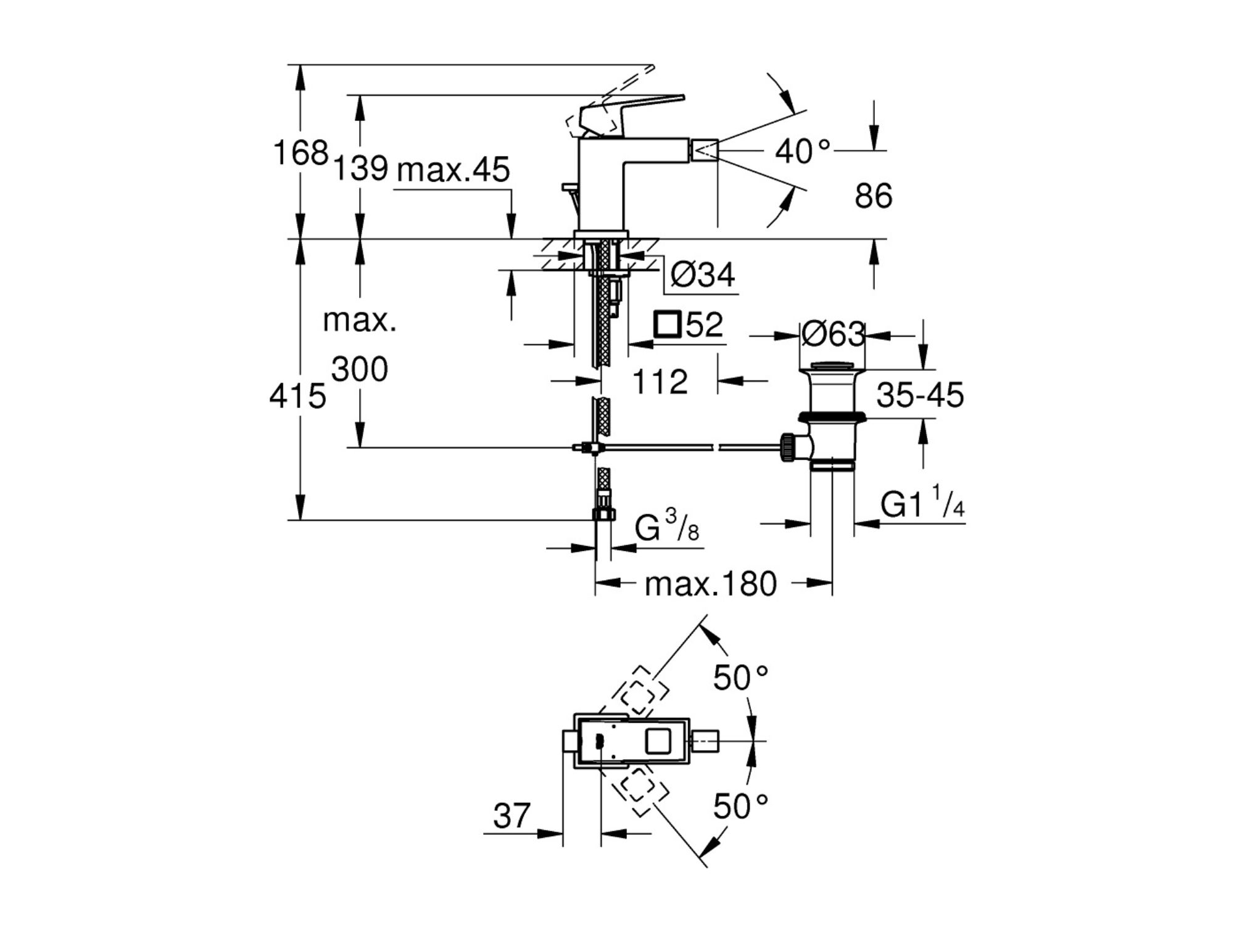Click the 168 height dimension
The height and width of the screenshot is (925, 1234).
(x=300, y=152)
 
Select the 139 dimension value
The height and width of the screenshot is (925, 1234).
(x=360, y=168)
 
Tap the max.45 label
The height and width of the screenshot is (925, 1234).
(x=453, y=170)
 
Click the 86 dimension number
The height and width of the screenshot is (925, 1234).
(x=873, y=196)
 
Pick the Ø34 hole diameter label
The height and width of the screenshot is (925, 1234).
(x=702, y=274)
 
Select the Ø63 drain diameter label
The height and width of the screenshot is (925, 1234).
(x=832, y=335)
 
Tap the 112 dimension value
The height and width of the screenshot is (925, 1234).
(x=660, y=382)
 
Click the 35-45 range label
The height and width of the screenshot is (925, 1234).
(x=920, y=395)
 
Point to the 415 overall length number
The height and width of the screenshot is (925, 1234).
(x=297, y=396)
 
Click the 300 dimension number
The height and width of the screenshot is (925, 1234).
(x=360, y=370)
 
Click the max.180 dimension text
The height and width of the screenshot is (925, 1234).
(x=710, y=584)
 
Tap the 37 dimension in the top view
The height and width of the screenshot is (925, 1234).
(x=511, y=816)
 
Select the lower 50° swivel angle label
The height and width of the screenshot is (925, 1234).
(x=740, y=806)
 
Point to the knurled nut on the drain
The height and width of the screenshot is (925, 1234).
(x=787, y=447)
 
